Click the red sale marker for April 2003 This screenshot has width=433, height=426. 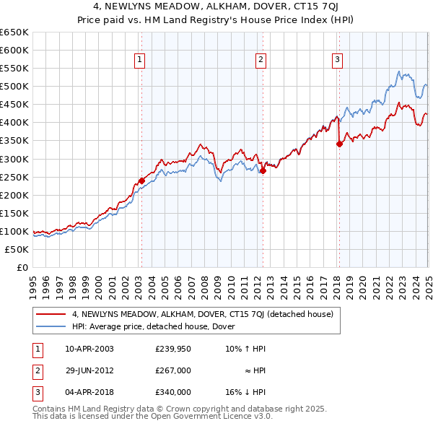pyautogui.click(x=141, y=181)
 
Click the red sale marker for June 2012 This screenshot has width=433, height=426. pyautogui.click(x=263, y=171)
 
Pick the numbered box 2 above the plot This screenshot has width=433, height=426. pyautogui.click(x=260, y=60)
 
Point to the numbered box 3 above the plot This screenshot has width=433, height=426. pyautogui.click(x=337, y=60)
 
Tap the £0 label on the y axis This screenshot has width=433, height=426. pyautogui.click(x=22, y=267)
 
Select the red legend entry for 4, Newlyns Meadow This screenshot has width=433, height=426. pyautogui.click(x=203, y=314)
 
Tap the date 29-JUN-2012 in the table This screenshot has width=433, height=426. pyautogui.click(x=89, y=370)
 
